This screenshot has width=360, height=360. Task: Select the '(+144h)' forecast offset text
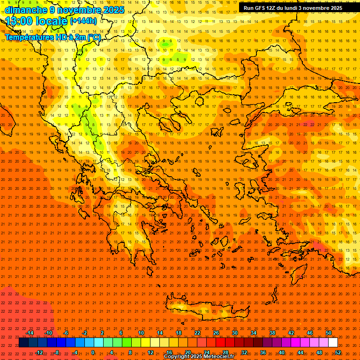point(83,21)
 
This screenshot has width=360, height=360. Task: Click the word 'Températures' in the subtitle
point(27,37)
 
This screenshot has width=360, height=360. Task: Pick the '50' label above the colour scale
point(329,333)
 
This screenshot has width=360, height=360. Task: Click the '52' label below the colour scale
point(338,352)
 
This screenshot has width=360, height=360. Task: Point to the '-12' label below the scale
point(39,352)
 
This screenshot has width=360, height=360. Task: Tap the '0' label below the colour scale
point(93,352)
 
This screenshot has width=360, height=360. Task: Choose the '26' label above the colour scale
point(216,333)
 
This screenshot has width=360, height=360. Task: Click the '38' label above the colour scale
point(272,333)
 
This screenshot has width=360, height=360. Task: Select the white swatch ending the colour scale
point(333,343)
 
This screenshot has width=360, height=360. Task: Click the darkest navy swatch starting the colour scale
point(23,343)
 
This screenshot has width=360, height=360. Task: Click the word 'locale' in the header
point(51,21)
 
